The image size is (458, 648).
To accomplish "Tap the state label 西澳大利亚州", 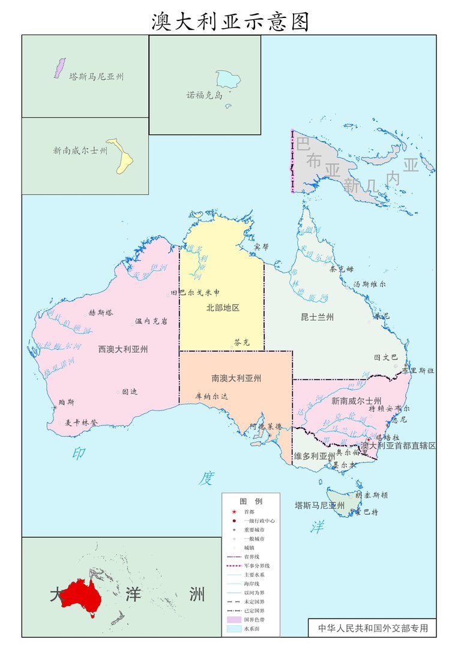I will click(123, 349).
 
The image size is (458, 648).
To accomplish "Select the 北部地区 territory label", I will click(223, 308).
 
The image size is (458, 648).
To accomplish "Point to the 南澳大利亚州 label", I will click(236, 379).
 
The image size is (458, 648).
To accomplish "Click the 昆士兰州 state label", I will click(317, 317).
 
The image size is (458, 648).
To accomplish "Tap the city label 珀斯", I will click(66, 402).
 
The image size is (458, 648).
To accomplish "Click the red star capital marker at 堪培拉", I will click(369, 440).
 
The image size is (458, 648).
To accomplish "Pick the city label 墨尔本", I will click(345, 464).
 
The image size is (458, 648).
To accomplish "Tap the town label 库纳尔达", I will click(212, 397).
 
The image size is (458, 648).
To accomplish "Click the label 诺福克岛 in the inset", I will click(204, 95).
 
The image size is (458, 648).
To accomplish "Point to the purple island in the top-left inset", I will click(59, 68).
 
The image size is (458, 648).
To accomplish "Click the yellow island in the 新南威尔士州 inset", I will click(122, 157).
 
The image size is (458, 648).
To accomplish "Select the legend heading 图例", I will click(251, 501).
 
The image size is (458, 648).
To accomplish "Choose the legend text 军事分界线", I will click(256, 566).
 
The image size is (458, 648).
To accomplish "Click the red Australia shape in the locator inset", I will click(82, 595).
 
